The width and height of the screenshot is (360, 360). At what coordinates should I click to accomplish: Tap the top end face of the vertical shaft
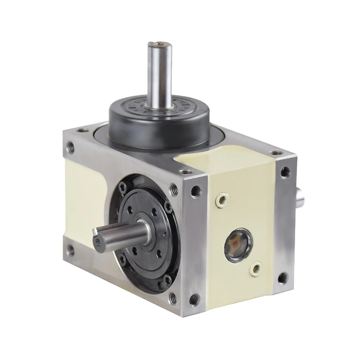pyautogui.click(x=159, y=45)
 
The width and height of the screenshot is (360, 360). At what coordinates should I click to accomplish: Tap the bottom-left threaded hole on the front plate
pyautogui.click(x=71, y=249)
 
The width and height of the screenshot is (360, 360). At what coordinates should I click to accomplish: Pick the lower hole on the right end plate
pyautogui.click(x=283, y=278)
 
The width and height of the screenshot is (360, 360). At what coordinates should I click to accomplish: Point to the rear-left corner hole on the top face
pyautogui.click(x=83, y=130)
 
